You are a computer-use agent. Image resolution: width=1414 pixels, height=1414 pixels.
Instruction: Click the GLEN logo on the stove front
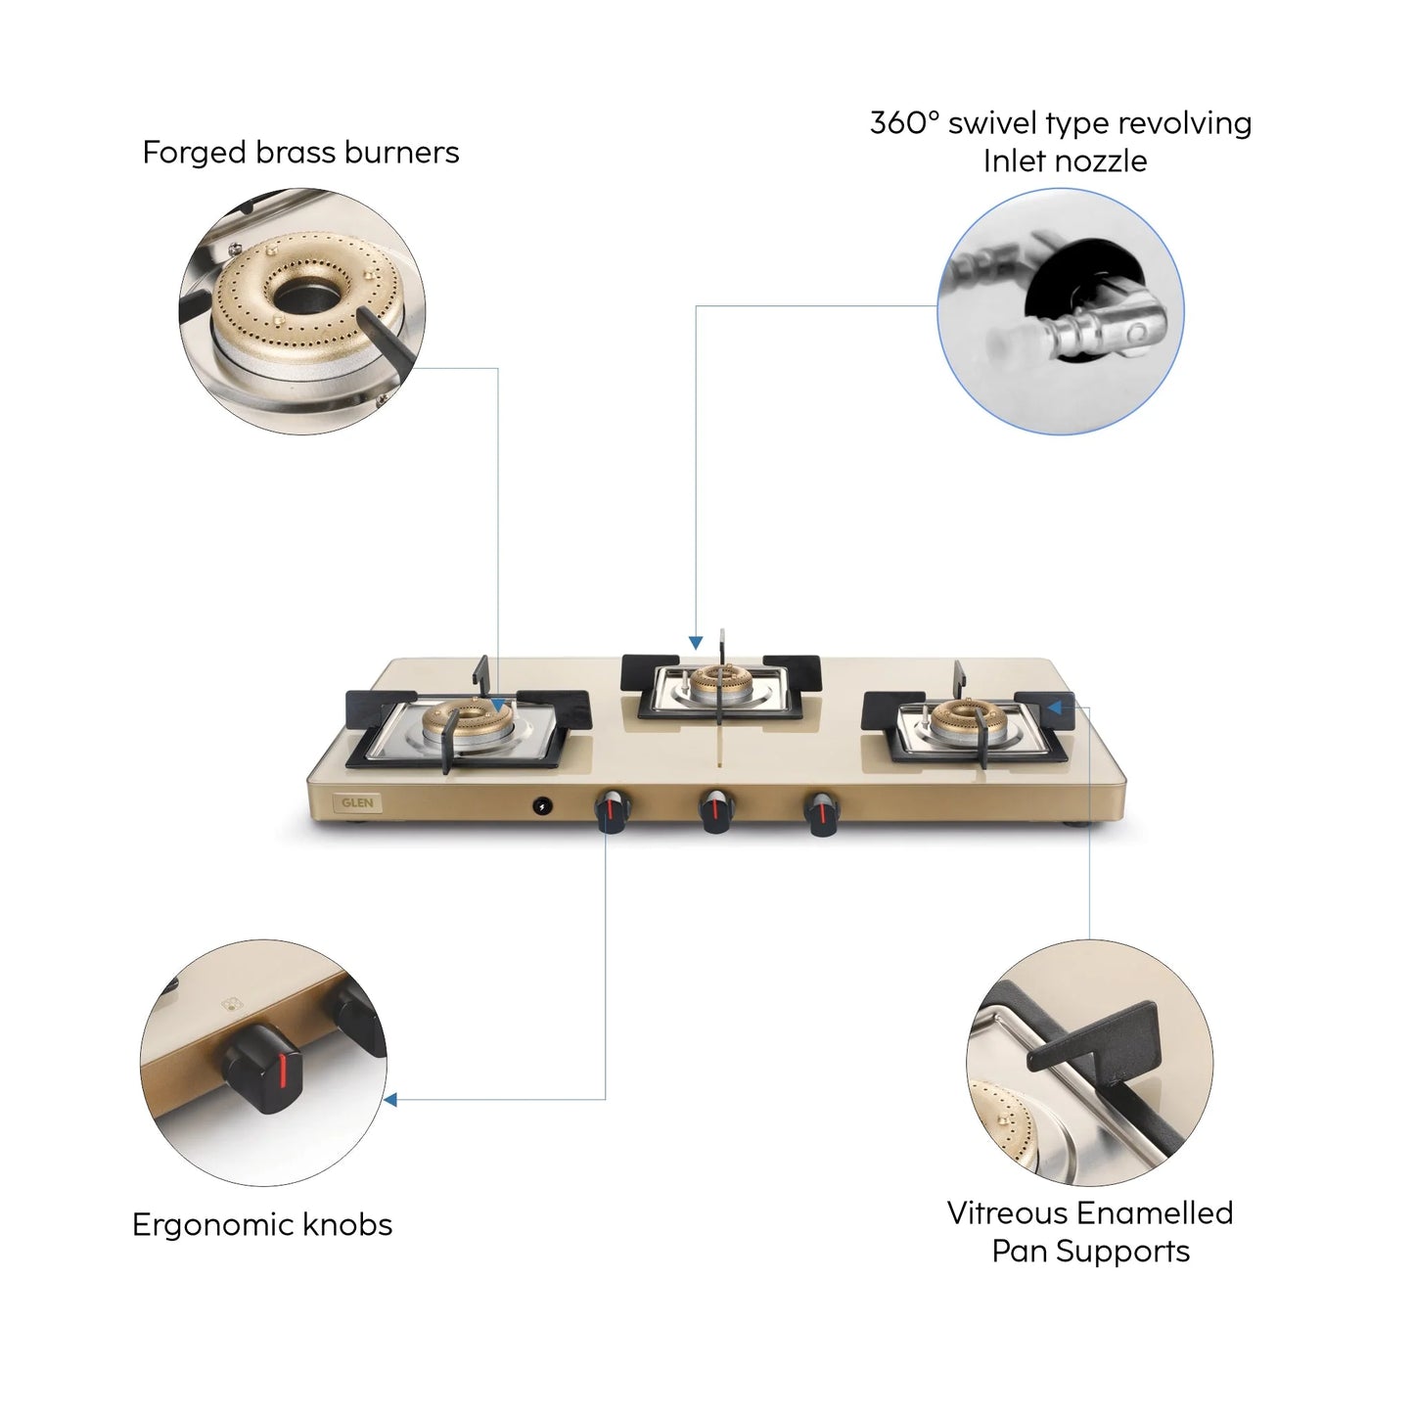tap(357, 802)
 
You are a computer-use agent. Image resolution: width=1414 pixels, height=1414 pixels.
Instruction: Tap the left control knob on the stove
tap(611, 812)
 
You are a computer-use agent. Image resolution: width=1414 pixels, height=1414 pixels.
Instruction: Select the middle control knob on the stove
tap(716, 812)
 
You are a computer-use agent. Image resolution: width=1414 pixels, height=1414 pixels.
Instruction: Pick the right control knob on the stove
tap(820, 812)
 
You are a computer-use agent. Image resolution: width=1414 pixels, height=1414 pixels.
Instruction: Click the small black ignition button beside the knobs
tap(540, 806)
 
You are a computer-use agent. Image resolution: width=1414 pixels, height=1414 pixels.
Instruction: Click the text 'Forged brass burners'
tap(300, 153)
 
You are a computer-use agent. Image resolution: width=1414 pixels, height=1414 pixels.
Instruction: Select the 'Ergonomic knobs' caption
tap(262, 1225)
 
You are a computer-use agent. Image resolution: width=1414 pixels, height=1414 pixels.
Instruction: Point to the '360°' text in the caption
tap(904, 123)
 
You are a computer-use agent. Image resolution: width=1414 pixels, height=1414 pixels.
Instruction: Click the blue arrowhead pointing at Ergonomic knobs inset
tap(389, 1100)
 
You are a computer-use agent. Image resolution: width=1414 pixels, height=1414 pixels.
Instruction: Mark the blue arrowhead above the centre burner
tap(696, 643)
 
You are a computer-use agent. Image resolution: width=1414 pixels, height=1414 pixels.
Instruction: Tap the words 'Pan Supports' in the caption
tap(1090, 1252)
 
